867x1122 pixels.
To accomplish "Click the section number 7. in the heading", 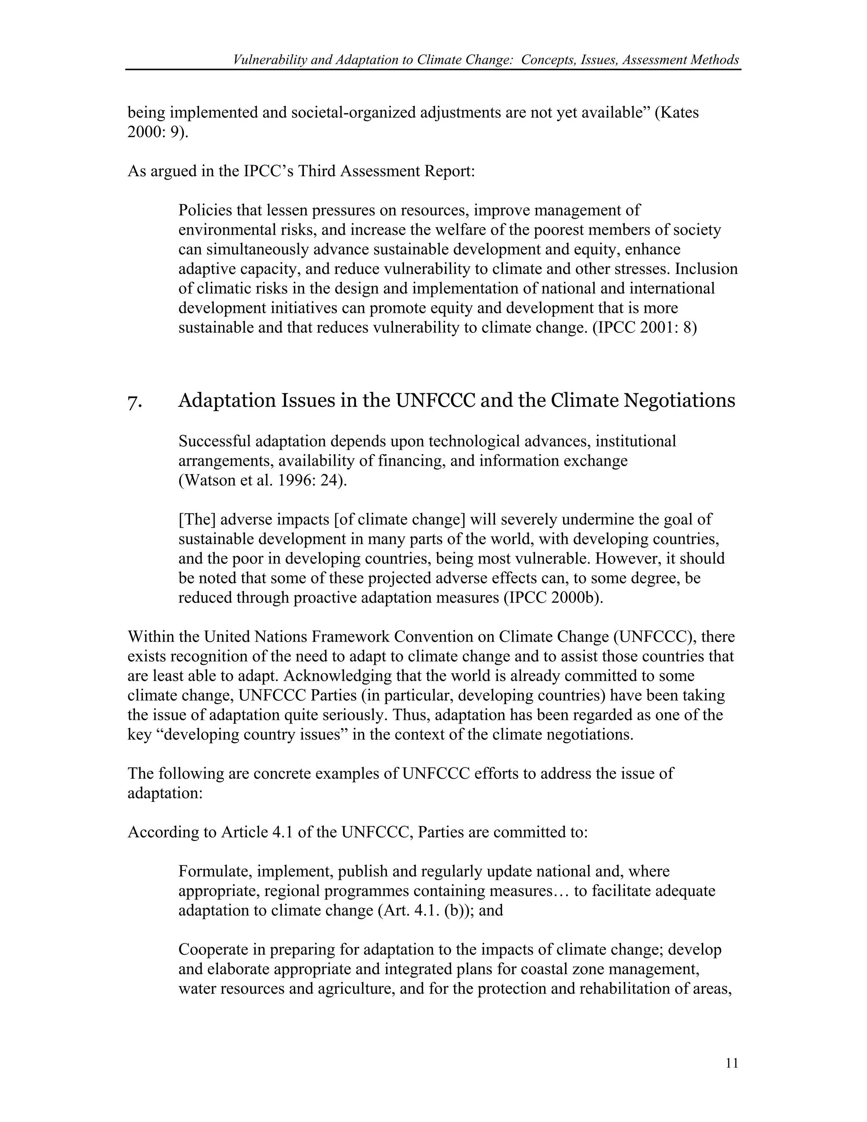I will point(135,401).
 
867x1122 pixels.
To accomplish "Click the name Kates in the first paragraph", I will point(679,112).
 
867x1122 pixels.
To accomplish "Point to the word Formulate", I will point(213,871).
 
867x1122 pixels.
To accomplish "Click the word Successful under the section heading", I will point(215,441).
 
